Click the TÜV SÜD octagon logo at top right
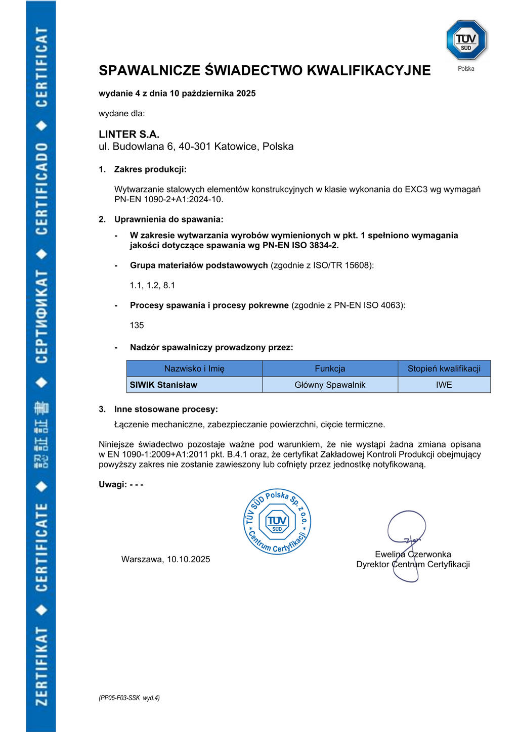click(466, 40)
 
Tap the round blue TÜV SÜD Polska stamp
click(277, 522)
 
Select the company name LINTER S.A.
click(129, 134)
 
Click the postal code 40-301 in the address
click(194, 147)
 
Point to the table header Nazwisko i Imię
click(194, 369)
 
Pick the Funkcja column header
click(330, 369)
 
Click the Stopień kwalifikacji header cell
click(444, 369)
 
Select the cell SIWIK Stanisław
click(163, 385)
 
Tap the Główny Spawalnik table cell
click(330, 385)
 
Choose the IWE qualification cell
click(444, 385)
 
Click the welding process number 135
click(137, 325)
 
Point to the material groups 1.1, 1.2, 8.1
click(152, 285)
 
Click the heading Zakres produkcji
click(150, 169)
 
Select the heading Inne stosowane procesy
click(166, 409)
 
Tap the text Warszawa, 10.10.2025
click(165, 559)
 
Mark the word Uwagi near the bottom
click(112, 484)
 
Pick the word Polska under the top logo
click(466, 69)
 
